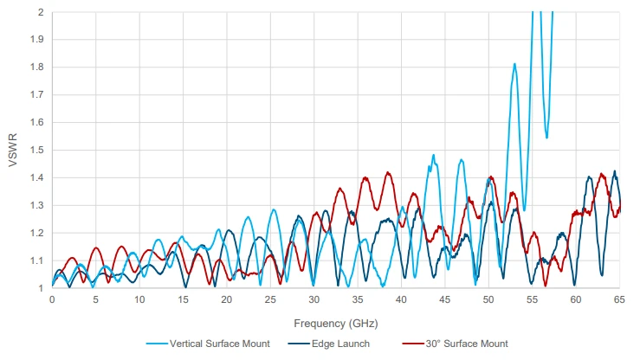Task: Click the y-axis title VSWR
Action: pyautogui.click(x=13, y=151)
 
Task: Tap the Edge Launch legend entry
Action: pyautogui.click(x=341, y=344)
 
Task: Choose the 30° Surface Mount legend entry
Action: pyautogui.click(x=466, y=344)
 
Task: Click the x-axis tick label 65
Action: pyautogui.click(x=619, y=299)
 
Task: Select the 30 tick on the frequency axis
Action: pyautogui.click(x=314, y=299)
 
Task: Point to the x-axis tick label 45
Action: pyautogui.click(x=444, y=299)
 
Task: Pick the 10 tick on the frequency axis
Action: pyautogui.click(x=139, y=299)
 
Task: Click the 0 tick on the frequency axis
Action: pyautogui.click(x=52, y=299)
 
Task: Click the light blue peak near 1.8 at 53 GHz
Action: pyautogui.click(x=514, y=64)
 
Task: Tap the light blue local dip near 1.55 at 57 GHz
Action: pyautogui.click(x=546, y=137)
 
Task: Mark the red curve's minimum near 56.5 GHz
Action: pyautogui.click(x=546, y=286)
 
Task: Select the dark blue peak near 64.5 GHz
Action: pyautogui.click(x=615, y=171)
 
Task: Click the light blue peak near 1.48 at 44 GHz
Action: pyautogui.click(x=434, y=156)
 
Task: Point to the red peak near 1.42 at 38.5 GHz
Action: pyautogui.click(x=388, y=172)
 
